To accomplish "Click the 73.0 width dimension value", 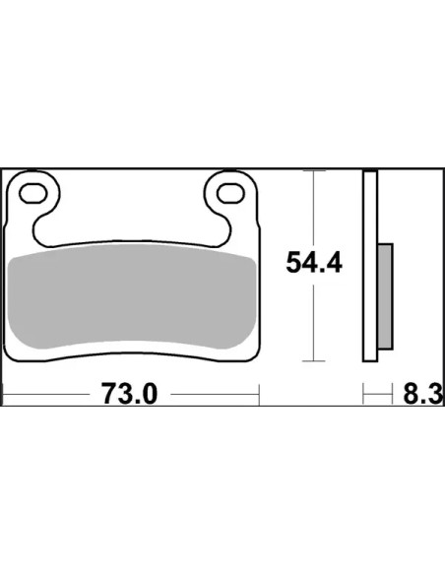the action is [129, 393].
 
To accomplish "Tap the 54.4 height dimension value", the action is [314, 263].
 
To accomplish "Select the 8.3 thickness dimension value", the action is [423, 395].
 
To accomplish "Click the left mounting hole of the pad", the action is [33, 193].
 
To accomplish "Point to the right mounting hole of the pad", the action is [230, 193].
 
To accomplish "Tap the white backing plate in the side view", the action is [370, 266].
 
